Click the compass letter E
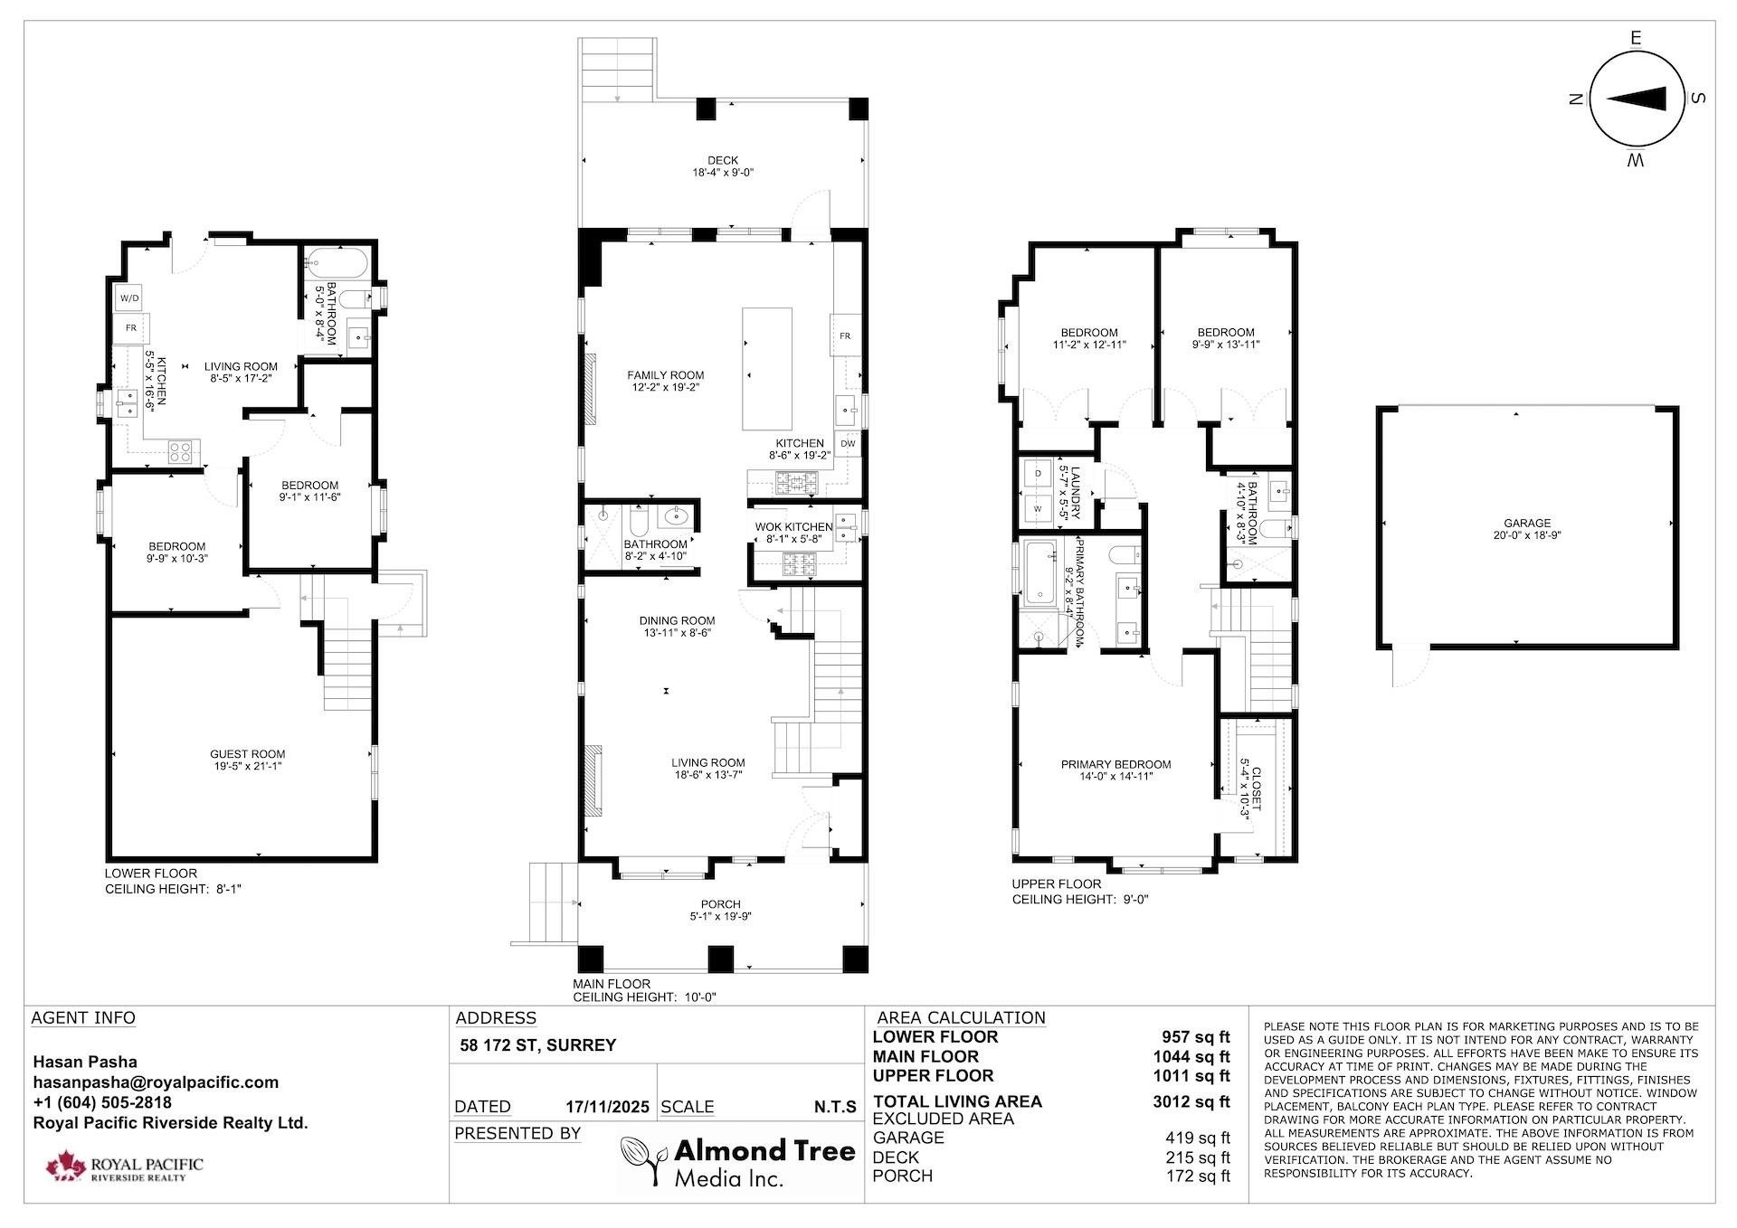(x=1635, y=38)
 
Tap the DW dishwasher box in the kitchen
(x=848, y=443)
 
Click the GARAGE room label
(x=1527, y=523)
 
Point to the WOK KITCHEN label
(x=793, y=527)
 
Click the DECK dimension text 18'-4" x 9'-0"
(x=722, y=173)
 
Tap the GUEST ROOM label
(x=247, y=754)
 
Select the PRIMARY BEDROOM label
(x=1115, y=764)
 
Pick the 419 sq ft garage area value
(x=1197, y=1138)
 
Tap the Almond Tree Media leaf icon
(x=643, y=1159)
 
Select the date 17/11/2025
(x=607, y=1107)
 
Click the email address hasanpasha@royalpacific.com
(x=156, y=1082)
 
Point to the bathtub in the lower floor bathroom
(x=336, y=264)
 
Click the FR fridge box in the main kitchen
(x=844, y=335)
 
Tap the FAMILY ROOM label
(x=665, y=375)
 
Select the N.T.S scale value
(x=834, y=1107)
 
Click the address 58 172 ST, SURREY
(x=537, y=1045)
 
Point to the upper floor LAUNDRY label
(x=1075, y=493)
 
